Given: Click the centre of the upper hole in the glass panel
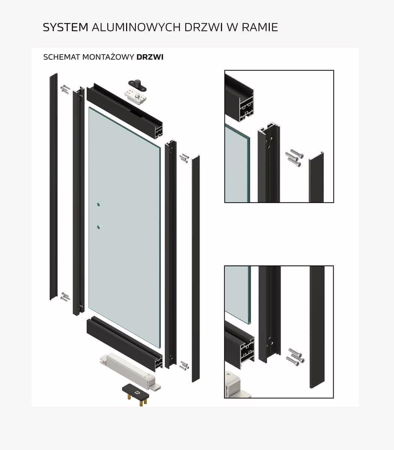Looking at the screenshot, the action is point(98,204).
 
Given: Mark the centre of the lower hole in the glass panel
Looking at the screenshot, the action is point(98,227).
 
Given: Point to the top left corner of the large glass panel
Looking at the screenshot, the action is point(89,107).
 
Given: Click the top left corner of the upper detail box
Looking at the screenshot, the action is point(225,70).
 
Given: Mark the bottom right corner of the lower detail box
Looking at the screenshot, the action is point(334,398).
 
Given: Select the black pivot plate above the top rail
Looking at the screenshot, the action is point(138,85).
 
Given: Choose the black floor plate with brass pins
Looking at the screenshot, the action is point(135,395).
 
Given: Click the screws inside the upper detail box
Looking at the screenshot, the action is point(294,157).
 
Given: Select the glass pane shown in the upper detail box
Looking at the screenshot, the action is point(237,163).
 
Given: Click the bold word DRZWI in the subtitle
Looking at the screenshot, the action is point(150,57).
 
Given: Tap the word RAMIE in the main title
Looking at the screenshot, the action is point(260,27).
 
